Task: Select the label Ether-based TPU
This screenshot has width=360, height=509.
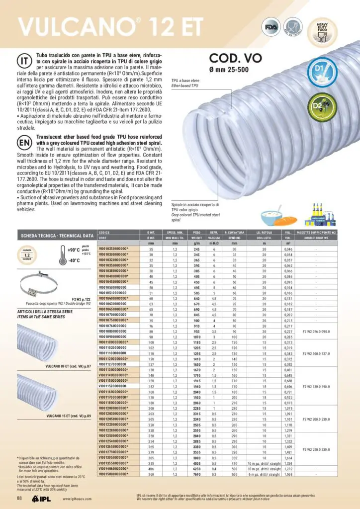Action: click(184, 85)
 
